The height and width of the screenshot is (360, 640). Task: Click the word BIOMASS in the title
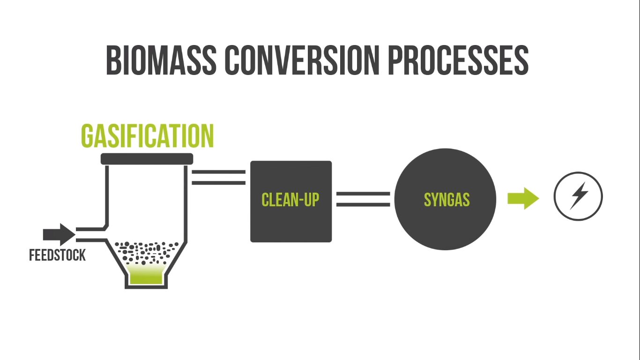pyautogui.click(x=161, y=60)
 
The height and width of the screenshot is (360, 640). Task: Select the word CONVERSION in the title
pyautogui.click(x=299, y=60)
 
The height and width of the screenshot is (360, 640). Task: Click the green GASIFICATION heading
pyautogui.click(x=147, y=136)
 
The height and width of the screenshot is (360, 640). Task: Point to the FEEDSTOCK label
pyautogui.click(x=57, y=255)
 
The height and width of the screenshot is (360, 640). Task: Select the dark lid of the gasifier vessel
pyautogui.click(x=147, y=159)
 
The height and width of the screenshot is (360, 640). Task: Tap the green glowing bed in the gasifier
pyautogui.click(x=146, y=275)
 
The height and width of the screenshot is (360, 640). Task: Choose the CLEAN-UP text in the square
pyautogui.click(x=290, y=200)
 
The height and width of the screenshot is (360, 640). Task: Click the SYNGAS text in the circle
pyautogui.click(x=447, y=200)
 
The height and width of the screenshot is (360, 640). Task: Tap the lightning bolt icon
pyautogui.click(x=579, y=196)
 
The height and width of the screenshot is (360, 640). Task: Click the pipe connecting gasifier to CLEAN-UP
pyautogui.click(x=219, y=177)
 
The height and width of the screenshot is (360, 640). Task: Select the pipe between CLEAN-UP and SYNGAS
pyautogui.click(x=363, y=199)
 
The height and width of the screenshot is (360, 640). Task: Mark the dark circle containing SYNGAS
pyautogui.click(x=445, y=225)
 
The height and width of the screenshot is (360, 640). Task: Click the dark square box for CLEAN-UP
pyautogui.click(x=290, y=225)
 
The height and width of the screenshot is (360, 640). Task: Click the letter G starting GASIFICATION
pyautogui.click(x=88, y=136)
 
